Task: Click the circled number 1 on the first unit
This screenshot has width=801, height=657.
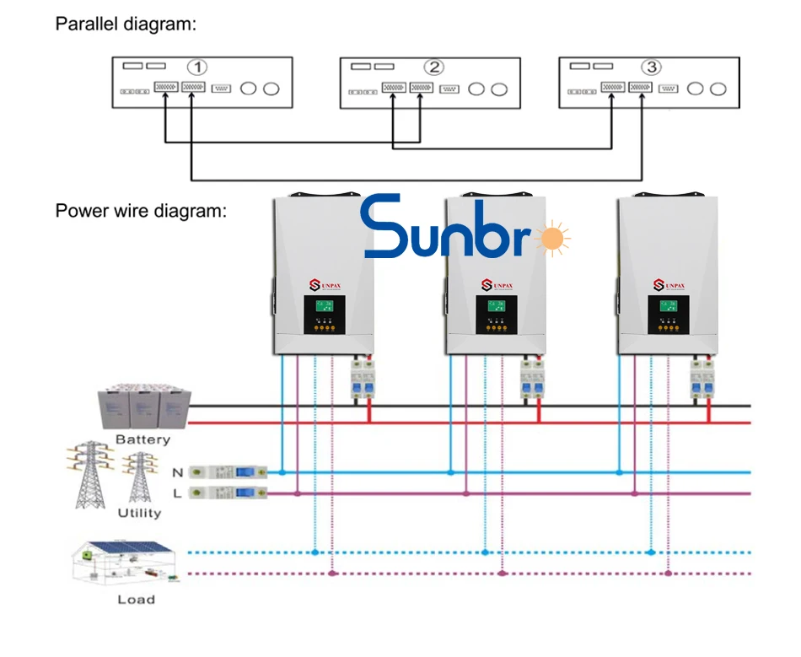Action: (196, 67)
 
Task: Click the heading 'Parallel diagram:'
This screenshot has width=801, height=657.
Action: (126, 24)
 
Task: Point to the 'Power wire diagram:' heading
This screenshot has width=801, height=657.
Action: (141, 210)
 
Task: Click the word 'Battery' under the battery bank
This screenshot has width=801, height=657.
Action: (142, 439)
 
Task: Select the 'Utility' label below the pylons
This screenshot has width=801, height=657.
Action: (139, 513)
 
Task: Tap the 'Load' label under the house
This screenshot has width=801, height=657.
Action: (136, 600)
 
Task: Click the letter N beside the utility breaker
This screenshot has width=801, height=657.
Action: (177, 472)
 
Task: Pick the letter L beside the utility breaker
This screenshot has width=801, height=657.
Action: (177, 493)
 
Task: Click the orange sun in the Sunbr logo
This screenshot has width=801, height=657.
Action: (552, 239)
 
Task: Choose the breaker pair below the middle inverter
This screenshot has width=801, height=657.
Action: (531, 380)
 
